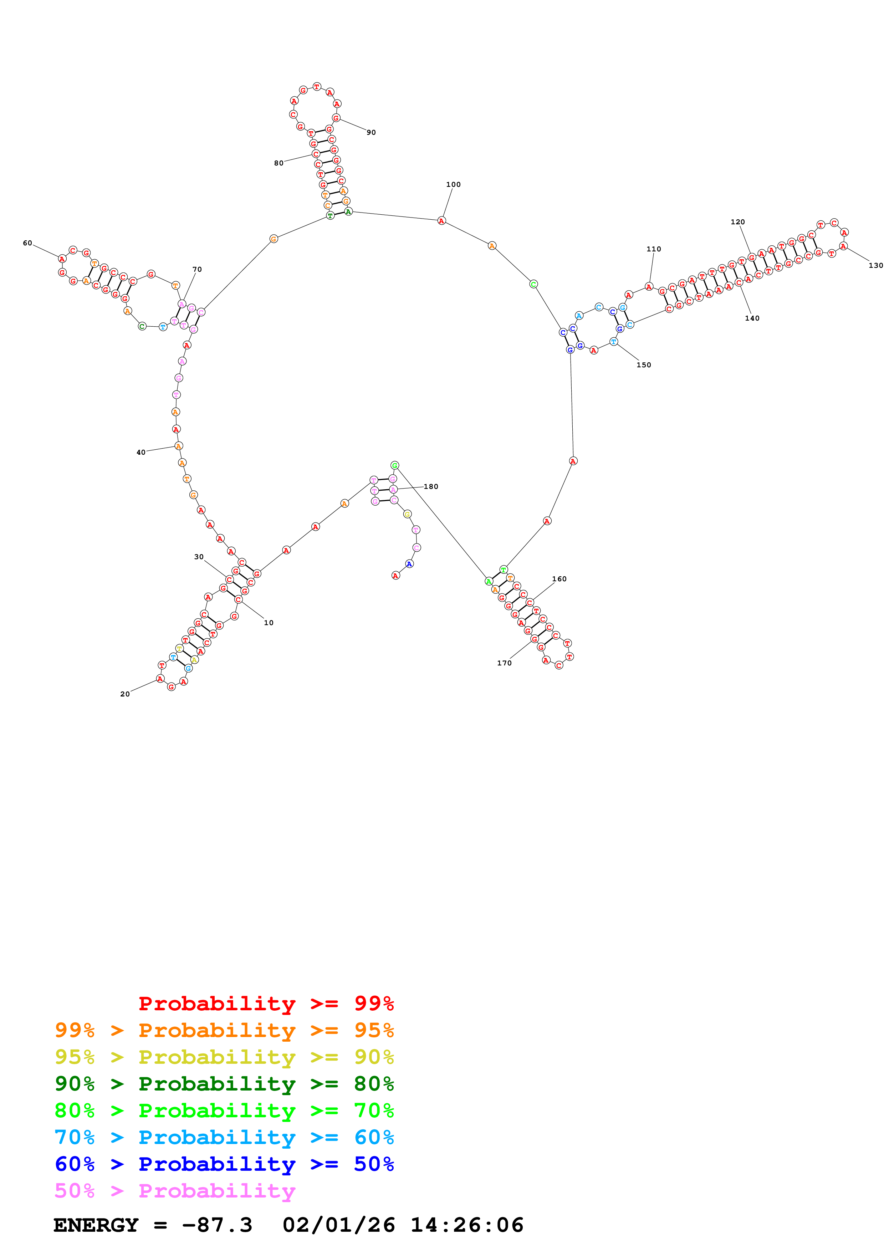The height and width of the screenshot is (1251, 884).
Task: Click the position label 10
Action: point(269,623)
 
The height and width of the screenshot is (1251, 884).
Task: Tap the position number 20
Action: point(125,694)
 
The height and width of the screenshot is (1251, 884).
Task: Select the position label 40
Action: point(140,452)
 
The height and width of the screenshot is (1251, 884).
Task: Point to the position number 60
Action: point(27,243)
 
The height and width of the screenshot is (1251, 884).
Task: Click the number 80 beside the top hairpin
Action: point(279,163)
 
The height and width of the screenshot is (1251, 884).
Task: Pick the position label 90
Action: point(371,132)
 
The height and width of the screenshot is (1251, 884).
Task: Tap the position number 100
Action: point(453,185)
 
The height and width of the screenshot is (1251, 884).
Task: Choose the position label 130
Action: point(875,265)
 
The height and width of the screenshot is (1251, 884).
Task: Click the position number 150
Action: point(643,365)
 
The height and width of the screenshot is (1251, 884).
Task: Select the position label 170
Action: point(504,663)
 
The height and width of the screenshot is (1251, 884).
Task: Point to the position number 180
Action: point(431,486)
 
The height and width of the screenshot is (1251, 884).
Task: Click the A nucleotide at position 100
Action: point(441,221)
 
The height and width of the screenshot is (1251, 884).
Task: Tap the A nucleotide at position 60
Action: point(62,259)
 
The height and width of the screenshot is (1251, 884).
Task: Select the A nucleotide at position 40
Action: point(178,446)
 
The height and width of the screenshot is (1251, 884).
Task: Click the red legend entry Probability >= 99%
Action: point(266,1004)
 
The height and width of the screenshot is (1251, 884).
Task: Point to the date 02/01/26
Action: point(338,1225)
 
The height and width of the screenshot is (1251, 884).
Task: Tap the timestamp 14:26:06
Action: point(467,1225)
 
